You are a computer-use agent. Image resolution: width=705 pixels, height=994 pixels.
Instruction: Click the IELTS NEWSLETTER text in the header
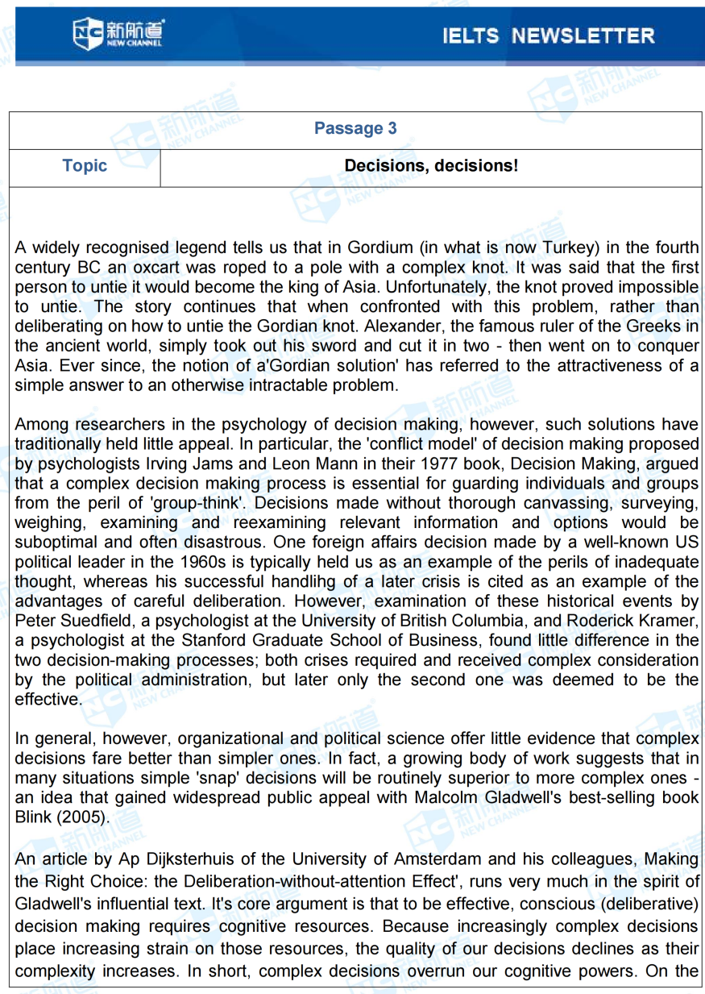pos(548,35)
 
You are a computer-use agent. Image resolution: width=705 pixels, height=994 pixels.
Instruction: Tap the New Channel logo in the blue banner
pos(118,32)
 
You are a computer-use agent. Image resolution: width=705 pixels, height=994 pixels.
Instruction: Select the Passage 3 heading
pos(355,128)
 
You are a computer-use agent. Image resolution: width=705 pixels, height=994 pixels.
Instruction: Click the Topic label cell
pos(85,166)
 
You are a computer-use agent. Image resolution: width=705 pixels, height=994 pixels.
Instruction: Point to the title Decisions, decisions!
pos(431,166)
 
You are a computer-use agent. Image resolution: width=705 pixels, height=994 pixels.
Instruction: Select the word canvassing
pos(553,503)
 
